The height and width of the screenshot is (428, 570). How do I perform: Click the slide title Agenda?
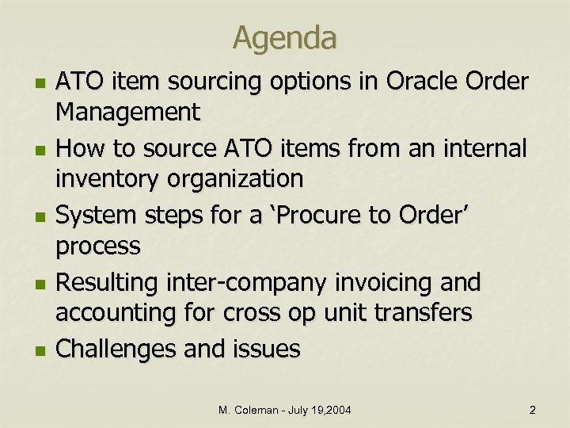point(285,36)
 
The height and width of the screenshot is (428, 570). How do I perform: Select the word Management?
point(127,113)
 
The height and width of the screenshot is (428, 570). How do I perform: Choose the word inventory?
point(109,179)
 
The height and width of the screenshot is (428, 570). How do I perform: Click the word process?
point(97,246)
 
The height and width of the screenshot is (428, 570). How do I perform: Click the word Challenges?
point(118,350)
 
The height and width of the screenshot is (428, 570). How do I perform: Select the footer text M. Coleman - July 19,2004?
point(285,410)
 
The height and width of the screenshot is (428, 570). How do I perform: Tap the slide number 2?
point(532,410)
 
